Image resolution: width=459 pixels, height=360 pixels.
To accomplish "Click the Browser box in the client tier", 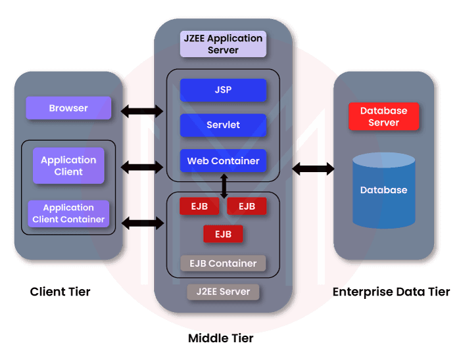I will point(68,108).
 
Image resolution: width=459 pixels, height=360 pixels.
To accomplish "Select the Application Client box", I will point(68,166).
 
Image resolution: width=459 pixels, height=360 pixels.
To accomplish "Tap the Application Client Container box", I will point(68,214).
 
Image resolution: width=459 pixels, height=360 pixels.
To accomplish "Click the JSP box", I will point(223,90).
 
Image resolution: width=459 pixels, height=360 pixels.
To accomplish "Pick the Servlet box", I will point(223,125).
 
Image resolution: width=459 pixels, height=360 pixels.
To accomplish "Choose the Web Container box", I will point(223,161).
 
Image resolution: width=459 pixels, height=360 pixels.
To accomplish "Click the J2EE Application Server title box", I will point(223,44).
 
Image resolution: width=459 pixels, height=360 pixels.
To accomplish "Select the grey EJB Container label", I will point(223,263).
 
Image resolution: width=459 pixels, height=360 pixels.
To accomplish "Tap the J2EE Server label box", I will point(223,291).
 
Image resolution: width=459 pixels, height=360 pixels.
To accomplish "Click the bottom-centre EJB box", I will point(223,234).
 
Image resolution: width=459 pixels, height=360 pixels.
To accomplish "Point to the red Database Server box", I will point(383,116).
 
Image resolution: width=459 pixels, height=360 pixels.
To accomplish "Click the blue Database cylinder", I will point(383,191).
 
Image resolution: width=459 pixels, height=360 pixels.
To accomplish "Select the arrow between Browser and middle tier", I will point(142,110).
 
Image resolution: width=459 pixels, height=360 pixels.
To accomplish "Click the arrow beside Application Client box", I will point(142,168).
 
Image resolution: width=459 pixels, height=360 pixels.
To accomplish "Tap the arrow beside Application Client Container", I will point(142,223).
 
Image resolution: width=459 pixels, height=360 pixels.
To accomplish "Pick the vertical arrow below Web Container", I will point(224,186).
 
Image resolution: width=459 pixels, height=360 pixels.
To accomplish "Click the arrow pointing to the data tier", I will point(314,169).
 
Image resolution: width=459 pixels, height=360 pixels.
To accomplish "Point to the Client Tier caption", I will point(60,292).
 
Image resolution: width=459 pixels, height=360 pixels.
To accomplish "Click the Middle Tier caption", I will point(220,338).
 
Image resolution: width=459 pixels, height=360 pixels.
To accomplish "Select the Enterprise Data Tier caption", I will point(391,292).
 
